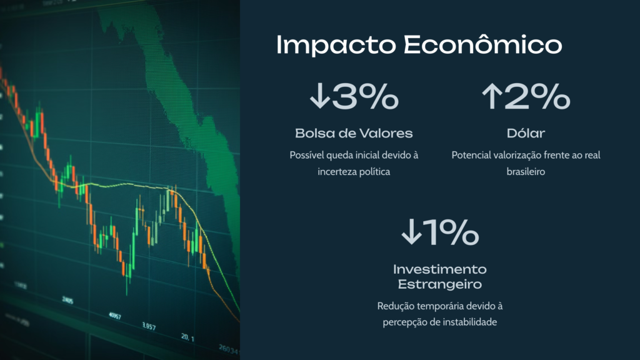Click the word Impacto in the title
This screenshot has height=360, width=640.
click(336, 45)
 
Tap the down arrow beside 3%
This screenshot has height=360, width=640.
click(319, 96)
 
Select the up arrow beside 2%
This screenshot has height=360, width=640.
click(492, 96)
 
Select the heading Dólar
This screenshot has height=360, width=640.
click(526, 132)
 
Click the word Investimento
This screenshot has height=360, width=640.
click(439, 269)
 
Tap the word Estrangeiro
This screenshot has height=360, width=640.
click(439, 284)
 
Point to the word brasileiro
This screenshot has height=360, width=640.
click(526, 171)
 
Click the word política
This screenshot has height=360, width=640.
click(375, 172)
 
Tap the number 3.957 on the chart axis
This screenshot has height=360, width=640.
click(149, 326)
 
